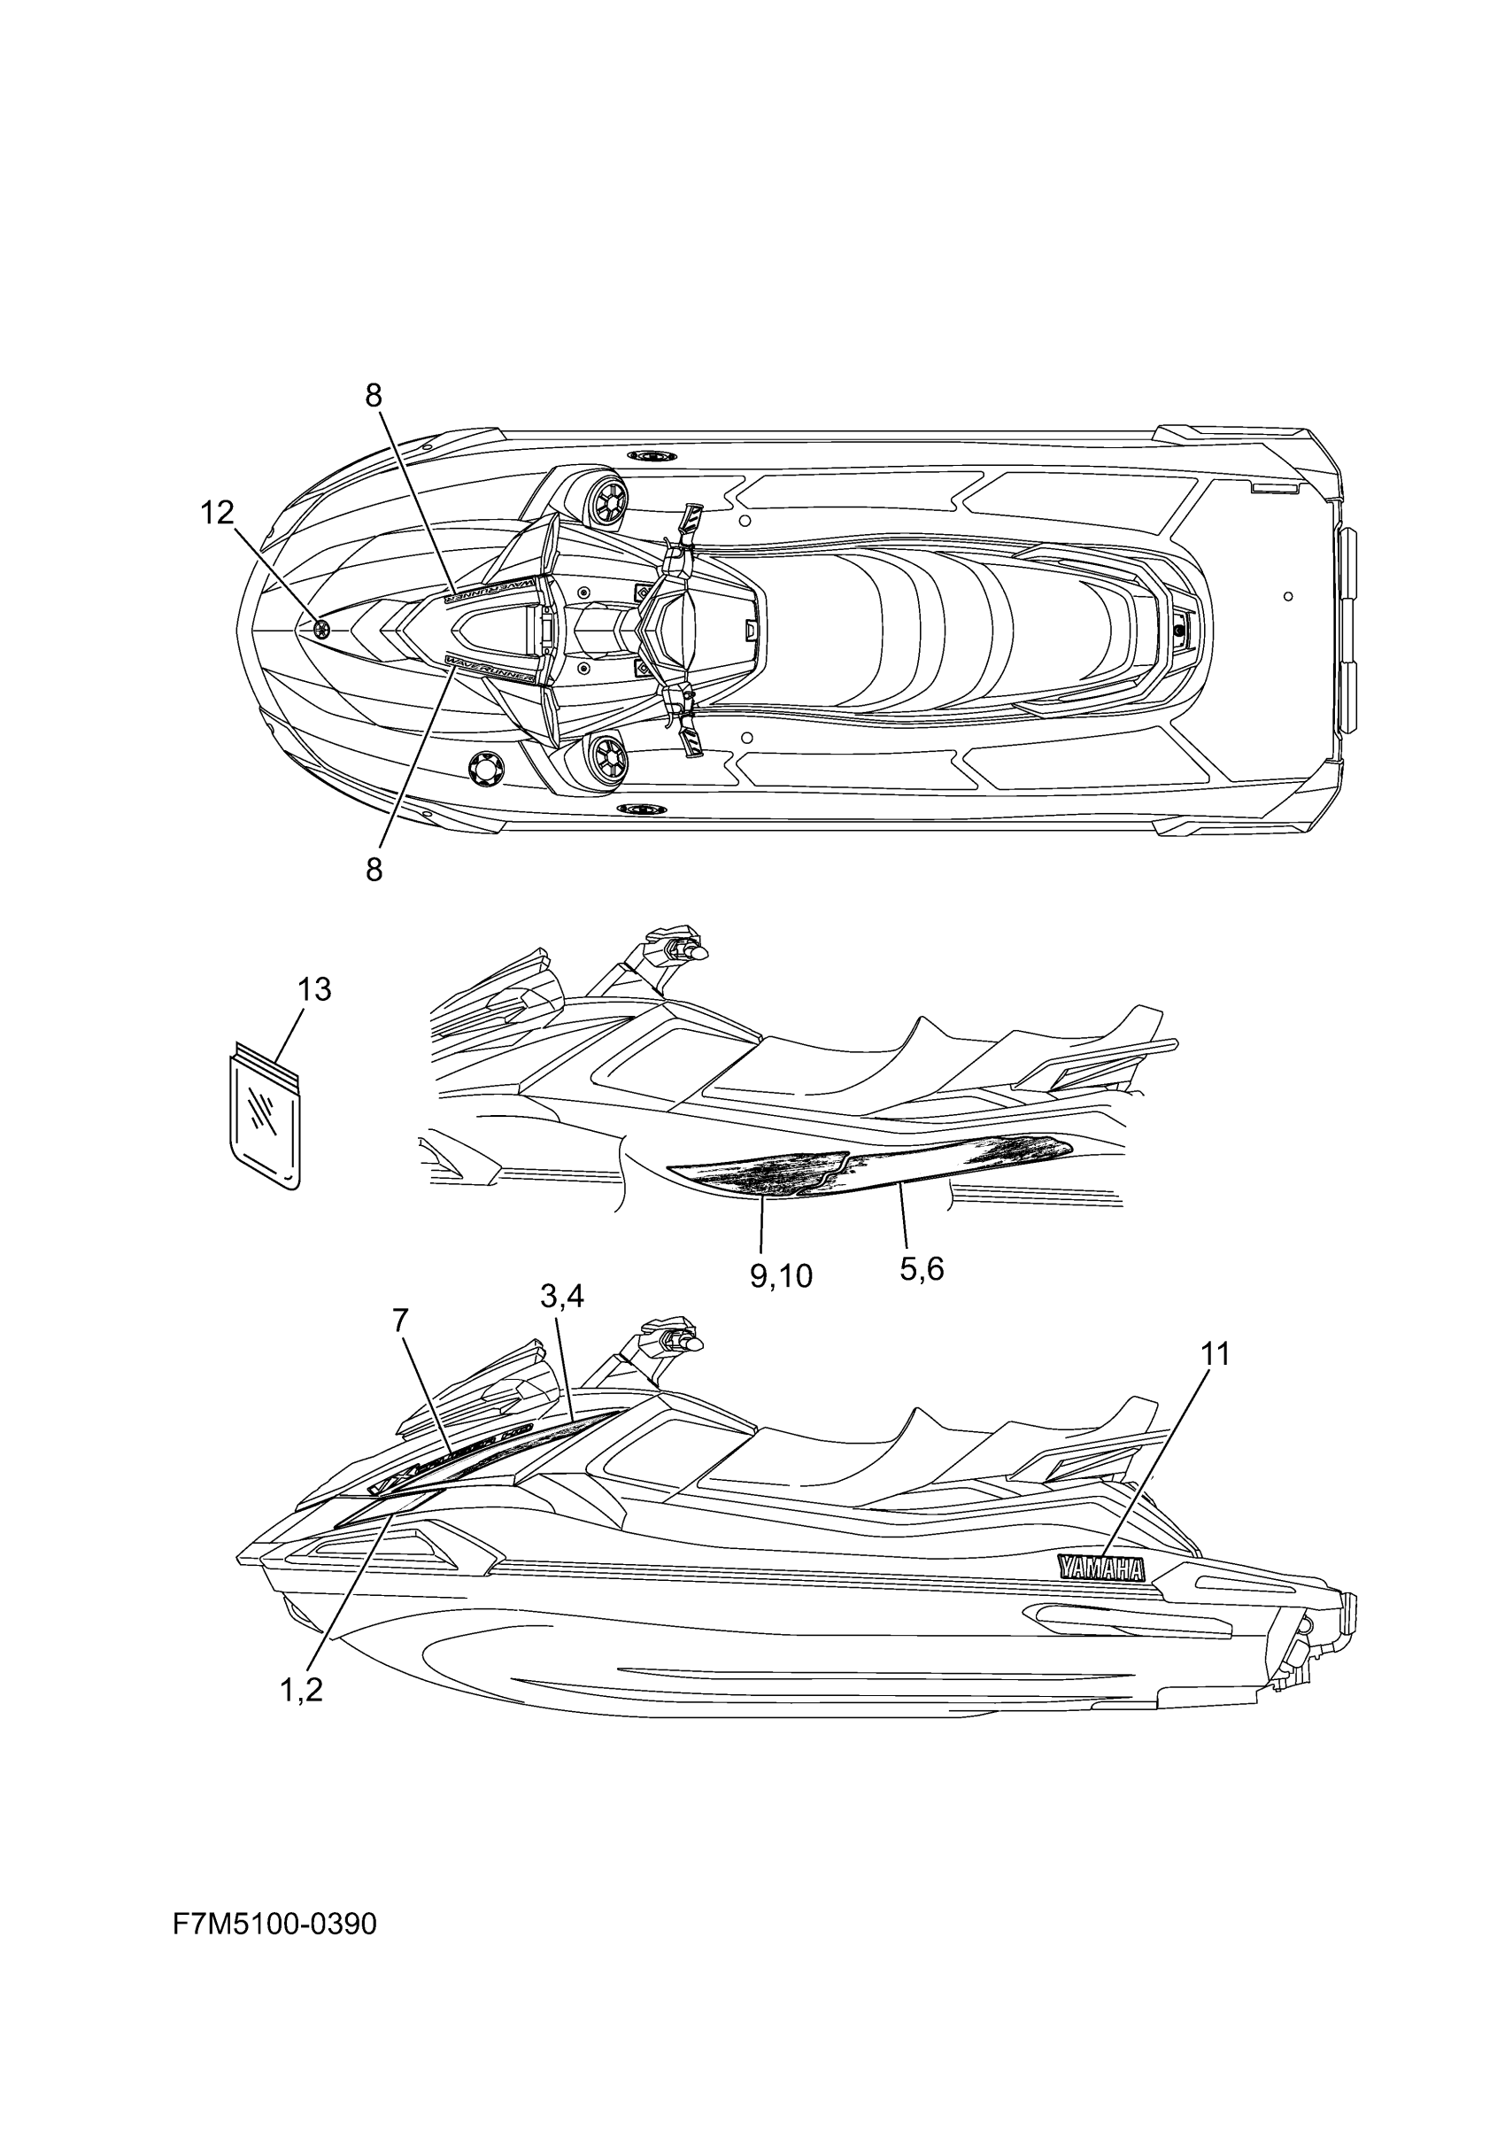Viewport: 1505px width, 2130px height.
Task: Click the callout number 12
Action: [218, 512]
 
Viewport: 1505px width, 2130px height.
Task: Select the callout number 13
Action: [314, 990]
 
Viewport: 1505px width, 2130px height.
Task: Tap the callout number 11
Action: [1215, 1354]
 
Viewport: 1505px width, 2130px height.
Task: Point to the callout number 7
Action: [400, 1321]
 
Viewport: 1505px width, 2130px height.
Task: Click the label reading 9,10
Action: [781, 1276]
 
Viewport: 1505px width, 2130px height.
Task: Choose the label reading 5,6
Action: [922, 1268]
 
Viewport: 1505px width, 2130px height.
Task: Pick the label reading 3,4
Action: [562, 1296]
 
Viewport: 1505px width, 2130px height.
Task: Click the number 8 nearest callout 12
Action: [373, 396]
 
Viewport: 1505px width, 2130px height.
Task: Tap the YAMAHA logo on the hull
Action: [1100, 1568]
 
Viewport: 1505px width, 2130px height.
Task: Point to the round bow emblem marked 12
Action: [321, 630]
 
